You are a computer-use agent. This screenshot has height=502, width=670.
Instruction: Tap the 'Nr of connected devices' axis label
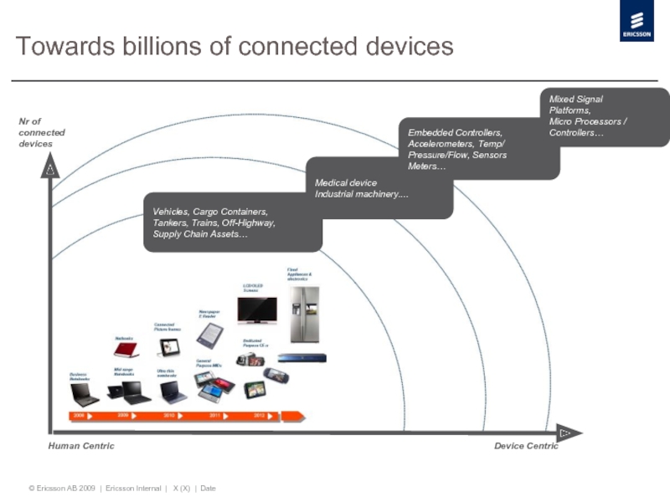point(41,133)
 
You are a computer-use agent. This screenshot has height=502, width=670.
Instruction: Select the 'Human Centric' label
point(81,446)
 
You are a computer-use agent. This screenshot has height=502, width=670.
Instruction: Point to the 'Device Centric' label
point(526,446)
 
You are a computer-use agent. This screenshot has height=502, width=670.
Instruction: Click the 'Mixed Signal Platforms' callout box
point(603,116)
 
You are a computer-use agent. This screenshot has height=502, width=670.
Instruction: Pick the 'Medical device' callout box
point(379,187)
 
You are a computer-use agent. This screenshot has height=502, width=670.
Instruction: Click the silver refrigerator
point(304,314)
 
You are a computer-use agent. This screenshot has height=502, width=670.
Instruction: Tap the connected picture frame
point(167,346)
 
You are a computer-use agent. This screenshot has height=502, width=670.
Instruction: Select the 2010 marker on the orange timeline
point(168,415)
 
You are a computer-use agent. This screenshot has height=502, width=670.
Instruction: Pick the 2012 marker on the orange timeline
point(260,415)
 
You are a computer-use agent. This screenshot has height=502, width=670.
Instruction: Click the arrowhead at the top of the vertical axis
point(50,170)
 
